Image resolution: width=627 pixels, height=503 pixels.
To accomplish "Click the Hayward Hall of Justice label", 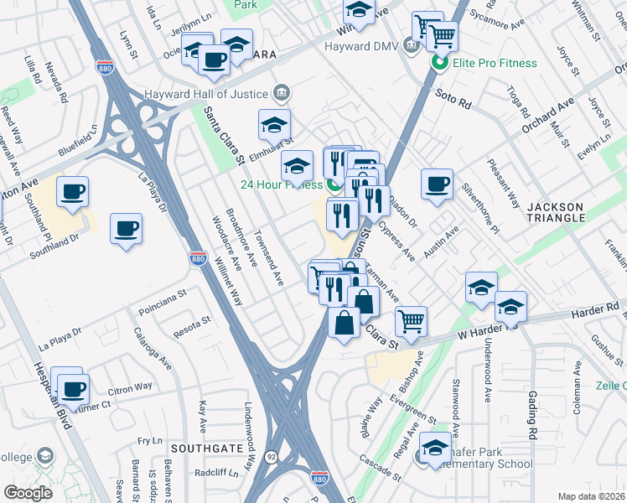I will [x=205, y=93].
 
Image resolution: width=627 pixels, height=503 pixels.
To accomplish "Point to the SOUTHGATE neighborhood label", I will [x=200, y=449].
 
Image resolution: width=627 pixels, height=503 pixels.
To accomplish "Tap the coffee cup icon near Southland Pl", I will [x=72, y=191].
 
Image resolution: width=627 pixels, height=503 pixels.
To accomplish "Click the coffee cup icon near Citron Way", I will [x=74, y=388].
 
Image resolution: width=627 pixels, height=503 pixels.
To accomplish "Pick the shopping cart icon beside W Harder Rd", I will [x=411, y=320].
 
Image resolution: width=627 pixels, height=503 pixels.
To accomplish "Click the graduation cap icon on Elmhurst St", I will [x=274, y=125].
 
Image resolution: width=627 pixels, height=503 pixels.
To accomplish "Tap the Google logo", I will [x=28, y=492].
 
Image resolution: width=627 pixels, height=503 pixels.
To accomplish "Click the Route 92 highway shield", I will [x=272, y=458].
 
